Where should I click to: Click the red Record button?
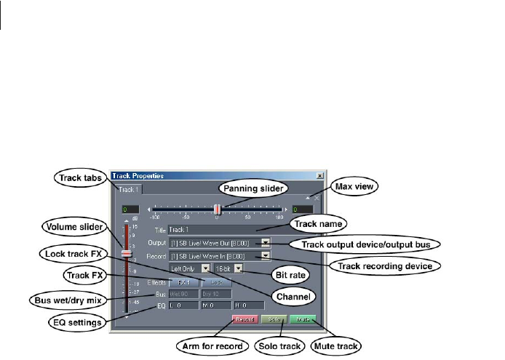[244, 319]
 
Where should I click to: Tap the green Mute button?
[301, 319]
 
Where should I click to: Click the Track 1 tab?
[127, 190]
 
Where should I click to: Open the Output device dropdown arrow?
[266, 243]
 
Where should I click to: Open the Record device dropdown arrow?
[266, 256]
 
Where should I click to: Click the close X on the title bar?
[320, 176]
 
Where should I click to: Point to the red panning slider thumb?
[217, 209]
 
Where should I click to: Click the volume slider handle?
[126, 253]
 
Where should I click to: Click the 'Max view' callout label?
[356, 187]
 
